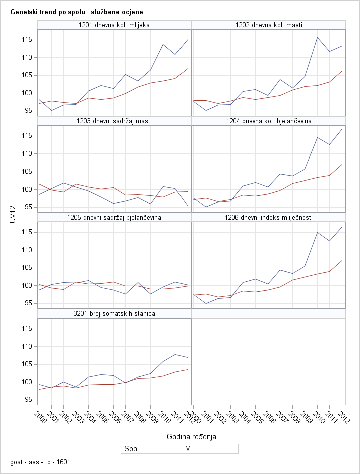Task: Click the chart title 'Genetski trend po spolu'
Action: click(x=76, y=11)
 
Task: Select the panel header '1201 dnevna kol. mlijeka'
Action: click(x=114, y=25)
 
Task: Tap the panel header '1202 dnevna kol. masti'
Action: click(x=269, y=25)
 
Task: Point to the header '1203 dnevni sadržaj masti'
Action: click(x=114, y=121)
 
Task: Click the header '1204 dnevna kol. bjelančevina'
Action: click(x=269, y=121)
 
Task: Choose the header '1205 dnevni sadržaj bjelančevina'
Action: click(x=114, y=217)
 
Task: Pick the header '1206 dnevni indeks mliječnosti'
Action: click(x=269, y=217)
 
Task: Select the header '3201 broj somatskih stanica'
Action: click(x=114, y=313)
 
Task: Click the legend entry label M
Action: click(x=188, y=449)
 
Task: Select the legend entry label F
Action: click(x=231, y=449)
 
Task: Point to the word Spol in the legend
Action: click(x=131, y=449)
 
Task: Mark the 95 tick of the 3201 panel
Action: click(x=29, y=400)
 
